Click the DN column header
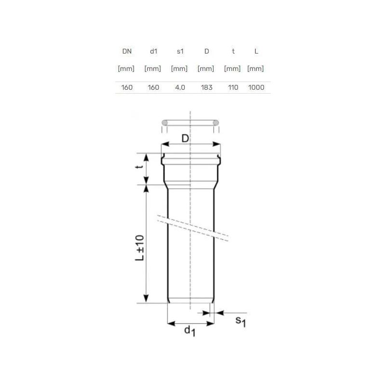(x=127, y=51)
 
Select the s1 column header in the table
(x=180, y=51)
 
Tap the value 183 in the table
(x=207, y=87)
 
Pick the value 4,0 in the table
(x=180, y=87)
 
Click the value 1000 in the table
(x=256, y=87)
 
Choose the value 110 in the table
(x=233, y=87)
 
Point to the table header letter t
(x=233, y=51)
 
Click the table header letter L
(x=256, y=51)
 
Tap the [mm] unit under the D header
(x=206, y=69)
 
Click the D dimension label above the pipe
(x=185, y=138)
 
